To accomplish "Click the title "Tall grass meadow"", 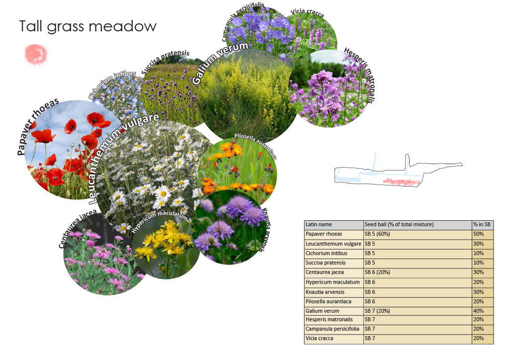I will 87,26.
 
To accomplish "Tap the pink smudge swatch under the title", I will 36,54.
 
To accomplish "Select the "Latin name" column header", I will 319,225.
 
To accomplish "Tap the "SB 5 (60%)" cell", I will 381,234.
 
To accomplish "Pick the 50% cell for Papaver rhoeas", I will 479,234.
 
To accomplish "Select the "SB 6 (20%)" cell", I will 381,272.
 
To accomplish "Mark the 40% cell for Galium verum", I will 479,311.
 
